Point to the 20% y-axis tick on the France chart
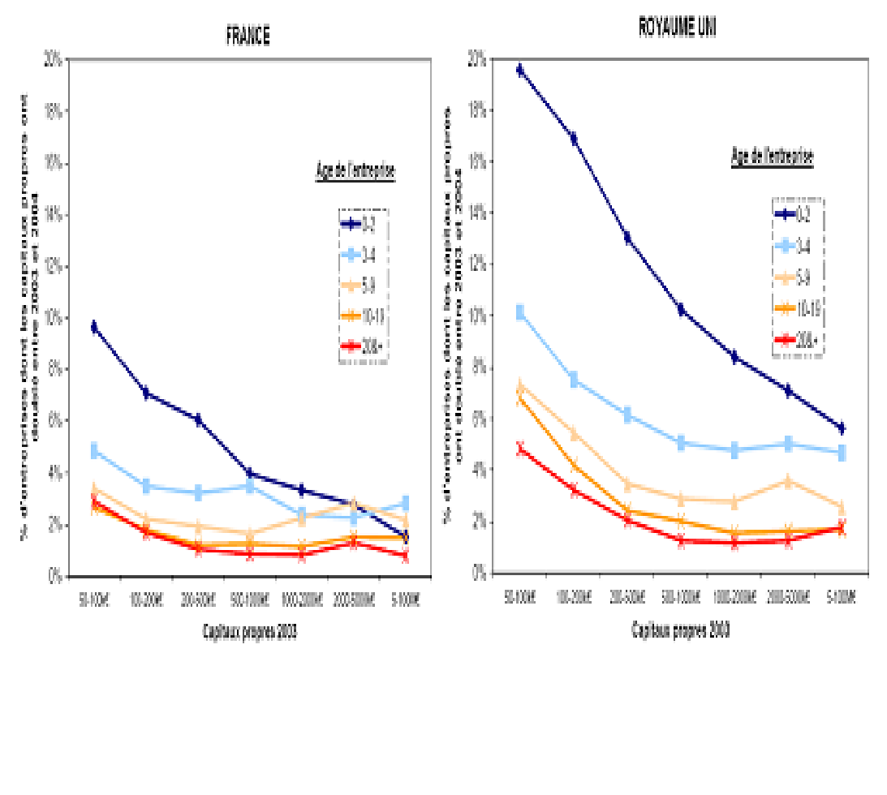click(54, 60)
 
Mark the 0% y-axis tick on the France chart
click(55, 577)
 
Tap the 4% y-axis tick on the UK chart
click(478, 470)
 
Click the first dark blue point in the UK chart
click(520, 70)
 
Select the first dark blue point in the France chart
click(94, 328)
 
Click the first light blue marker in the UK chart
click(520, 312)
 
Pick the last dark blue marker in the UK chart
click(842, 428)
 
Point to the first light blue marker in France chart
click(94, 450)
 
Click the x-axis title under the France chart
click(248, 632)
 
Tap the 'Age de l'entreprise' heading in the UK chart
click(772, 157)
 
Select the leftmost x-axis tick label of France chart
click(94, 599)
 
